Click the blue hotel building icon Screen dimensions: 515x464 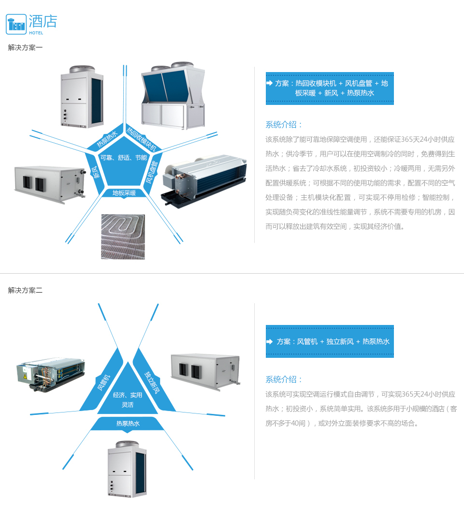coord(16,24)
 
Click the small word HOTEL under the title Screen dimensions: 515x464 coord(36,33)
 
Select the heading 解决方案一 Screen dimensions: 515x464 coord(25,48)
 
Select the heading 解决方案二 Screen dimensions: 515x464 coord(25,290)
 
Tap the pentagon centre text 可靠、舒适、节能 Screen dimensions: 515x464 coord(124,158)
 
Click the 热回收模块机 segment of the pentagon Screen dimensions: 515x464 coord(142,139)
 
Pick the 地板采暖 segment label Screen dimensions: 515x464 coord(124,193)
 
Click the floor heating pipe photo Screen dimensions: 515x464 coord(123,236)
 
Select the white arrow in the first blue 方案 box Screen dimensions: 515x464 coord(270,83)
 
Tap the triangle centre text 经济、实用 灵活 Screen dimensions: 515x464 coord(128,400)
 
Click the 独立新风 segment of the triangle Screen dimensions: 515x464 coord(152,383)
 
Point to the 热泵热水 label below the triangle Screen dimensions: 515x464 coord(128,424)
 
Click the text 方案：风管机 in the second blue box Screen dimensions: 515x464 coord(297,341)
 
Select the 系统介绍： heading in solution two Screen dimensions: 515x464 coord(284,380)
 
